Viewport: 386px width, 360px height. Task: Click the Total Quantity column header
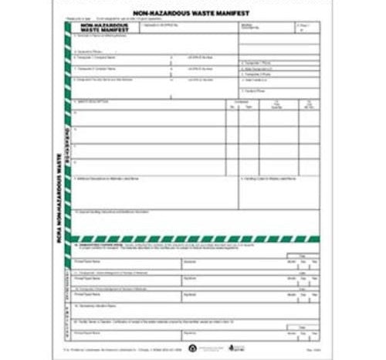tap(277, 105)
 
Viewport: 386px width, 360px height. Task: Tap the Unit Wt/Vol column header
tap(307, 105)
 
